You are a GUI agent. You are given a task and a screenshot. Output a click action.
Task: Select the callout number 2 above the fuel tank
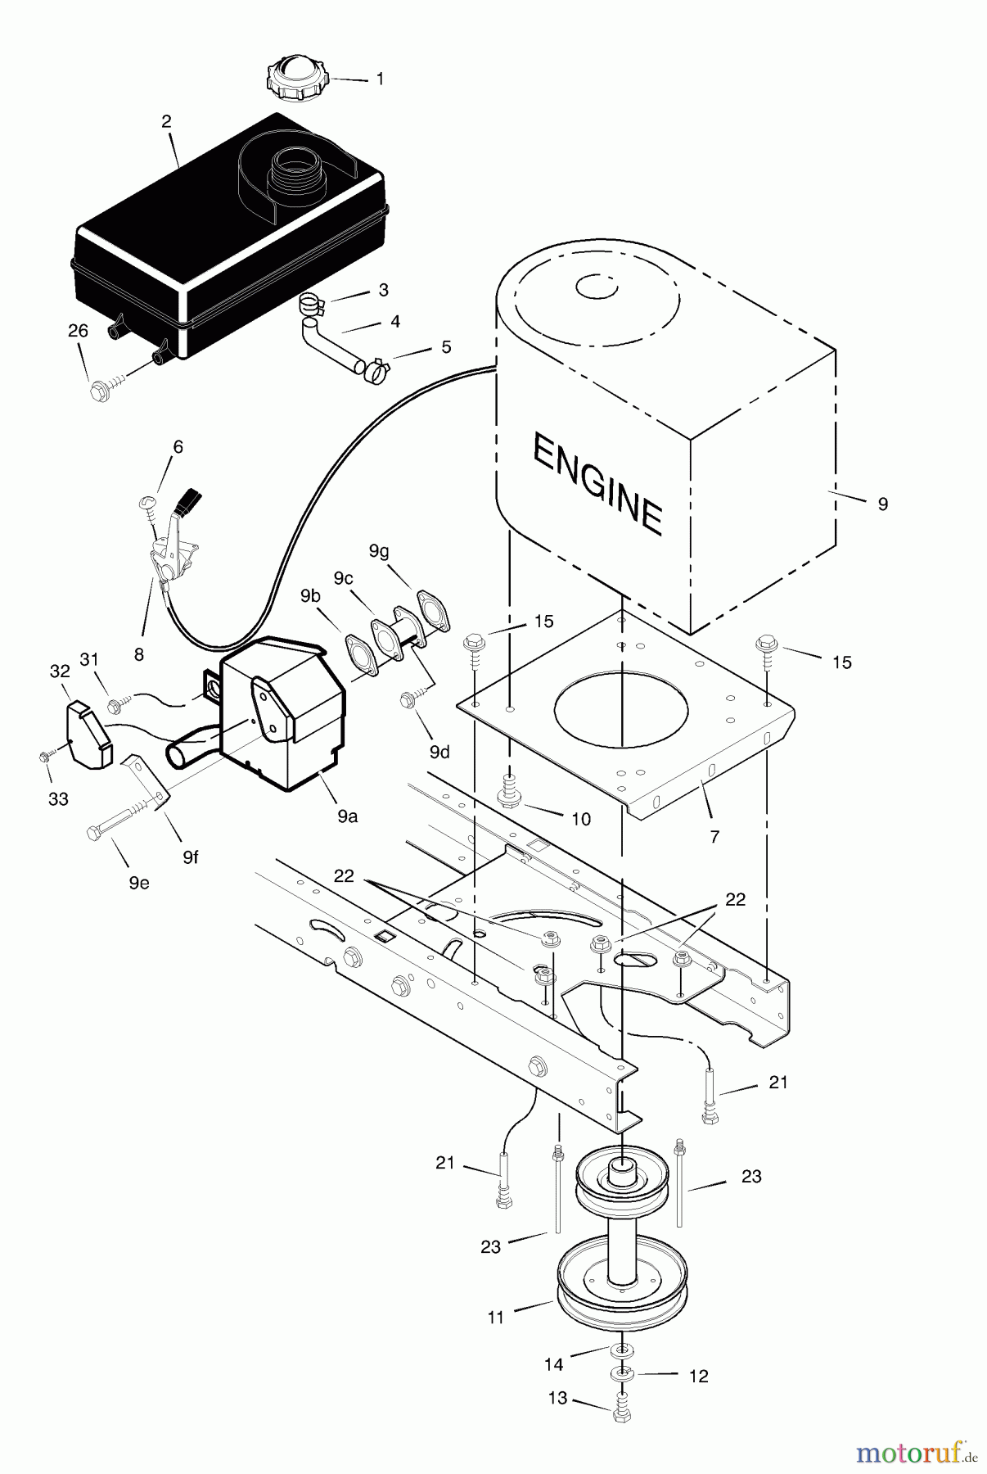click(167, 122)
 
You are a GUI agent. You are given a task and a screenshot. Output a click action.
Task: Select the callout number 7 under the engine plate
click(714, 837)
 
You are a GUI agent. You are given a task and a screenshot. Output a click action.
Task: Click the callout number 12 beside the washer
click(698, 1376)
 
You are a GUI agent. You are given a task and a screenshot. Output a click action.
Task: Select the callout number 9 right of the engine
click(882, 505)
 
